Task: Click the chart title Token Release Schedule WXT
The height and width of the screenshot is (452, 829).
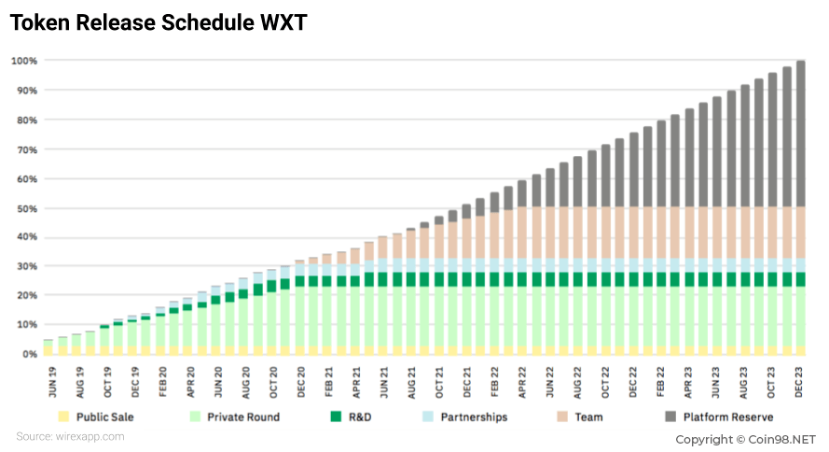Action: pos(159,22)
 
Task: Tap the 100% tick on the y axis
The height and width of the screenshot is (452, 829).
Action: pos(24,61)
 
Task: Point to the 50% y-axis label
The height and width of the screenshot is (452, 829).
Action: pos(27,208)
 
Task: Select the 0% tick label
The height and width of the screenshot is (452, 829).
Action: pos(30,354)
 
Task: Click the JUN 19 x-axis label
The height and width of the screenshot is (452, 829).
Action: pos(52,382)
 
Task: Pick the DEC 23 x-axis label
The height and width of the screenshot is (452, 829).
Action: pos(798,382)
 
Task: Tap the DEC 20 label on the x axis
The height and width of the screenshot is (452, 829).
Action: pos(301,382)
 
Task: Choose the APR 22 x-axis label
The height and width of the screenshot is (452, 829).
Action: pos(522,382)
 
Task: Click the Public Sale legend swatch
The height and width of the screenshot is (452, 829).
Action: pos(63,417)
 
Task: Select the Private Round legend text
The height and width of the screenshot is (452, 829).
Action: pos(243,417)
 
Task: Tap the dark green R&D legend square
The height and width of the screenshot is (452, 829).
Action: pos(336,417)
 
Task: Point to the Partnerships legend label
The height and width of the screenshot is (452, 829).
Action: pos(474,417)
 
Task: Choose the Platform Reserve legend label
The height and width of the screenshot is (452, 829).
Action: pos(728,417)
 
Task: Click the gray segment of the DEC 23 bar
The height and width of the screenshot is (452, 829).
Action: pos(800,134)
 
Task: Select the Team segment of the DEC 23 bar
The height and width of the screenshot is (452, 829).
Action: pos(800,233)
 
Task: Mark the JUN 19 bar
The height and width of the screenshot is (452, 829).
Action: pos(48,347)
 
